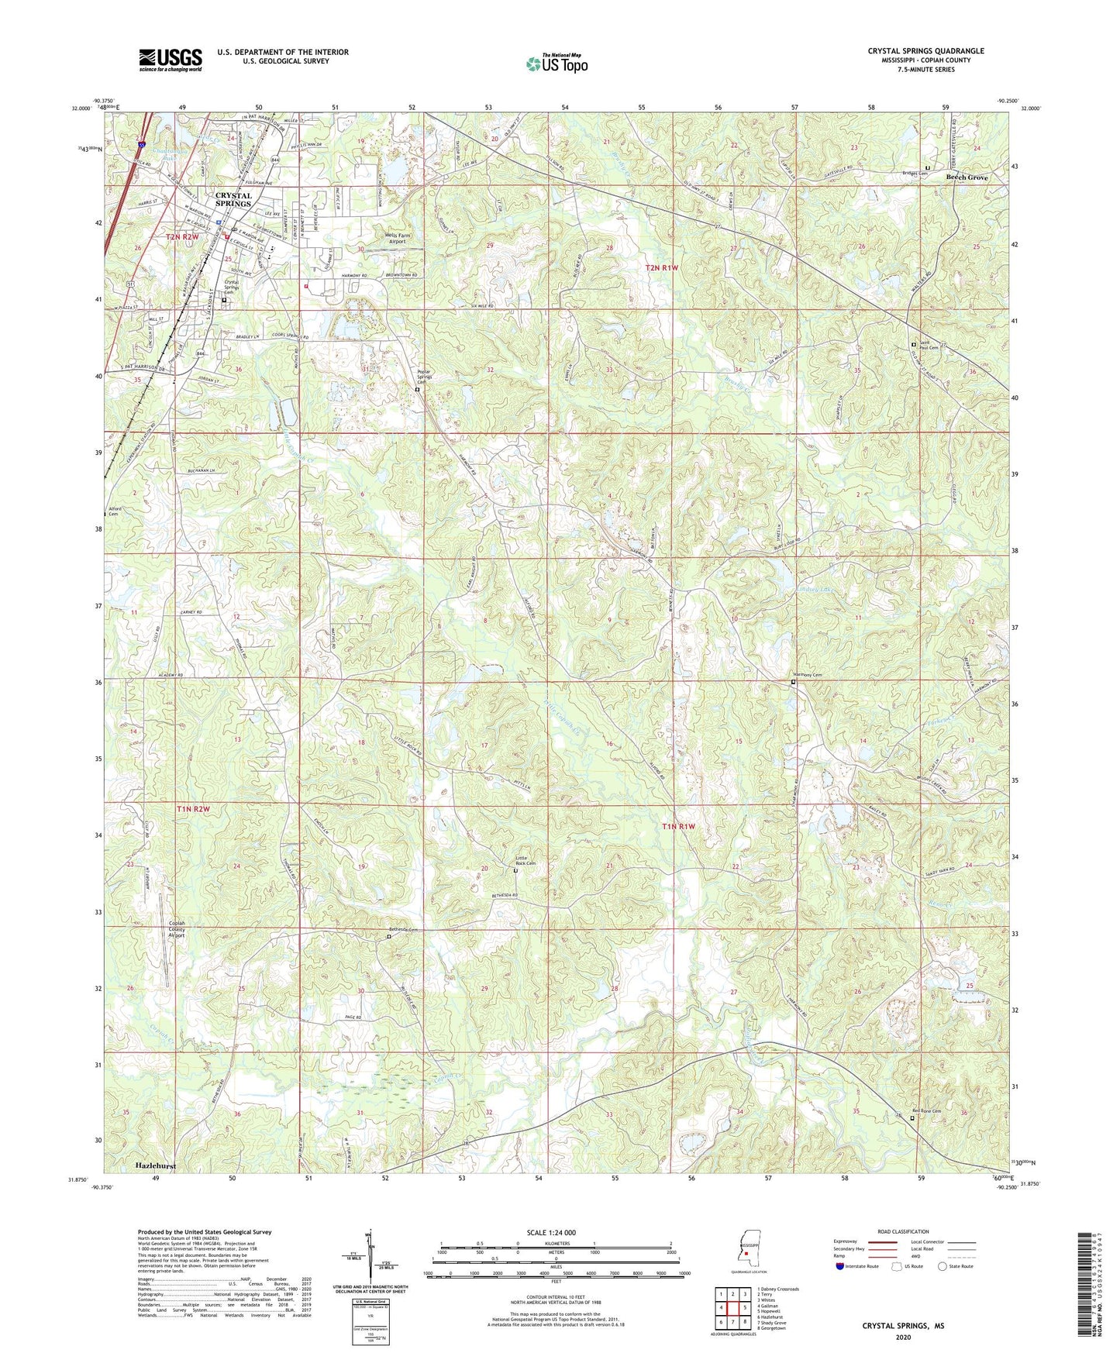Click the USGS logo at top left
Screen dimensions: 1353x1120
(171, 60)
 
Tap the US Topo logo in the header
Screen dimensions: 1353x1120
(556, 64)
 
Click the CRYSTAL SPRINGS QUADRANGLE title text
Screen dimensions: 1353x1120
(925, 51)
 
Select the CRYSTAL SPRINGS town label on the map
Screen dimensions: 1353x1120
(233, 199)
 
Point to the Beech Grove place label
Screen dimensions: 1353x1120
(967, 177)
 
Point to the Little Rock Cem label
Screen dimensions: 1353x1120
(526, 859)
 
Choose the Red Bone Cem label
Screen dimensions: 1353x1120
(931, 1110)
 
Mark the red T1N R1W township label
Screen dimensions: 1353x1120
(679, 827)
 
